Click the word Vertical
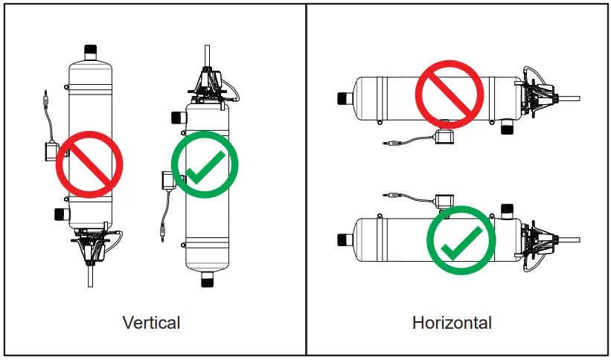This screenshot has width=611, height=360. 151,322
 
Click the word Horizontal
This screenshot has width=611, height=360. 452,322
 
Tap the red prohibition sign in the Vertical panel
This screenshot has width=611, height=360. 89,164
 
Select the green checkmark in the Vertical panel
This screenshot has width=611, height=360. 205,165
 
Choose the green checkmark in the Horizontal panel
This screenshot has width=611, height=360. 461,240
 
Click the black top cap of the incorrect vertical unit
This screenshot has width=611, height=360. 91,52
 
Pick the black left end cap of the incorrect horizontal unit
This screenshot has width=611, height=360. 345,97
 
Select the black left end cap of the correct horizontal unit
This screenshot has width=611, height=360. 345,240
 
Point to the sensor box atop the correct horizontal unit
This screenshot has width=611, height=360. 446,201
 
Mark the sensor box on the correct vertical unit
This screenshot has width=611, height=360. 169,181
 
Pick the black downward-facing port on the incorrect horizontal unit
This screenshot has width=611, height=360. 508,127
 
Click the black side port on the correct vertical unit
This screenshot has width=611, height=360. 178,116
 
